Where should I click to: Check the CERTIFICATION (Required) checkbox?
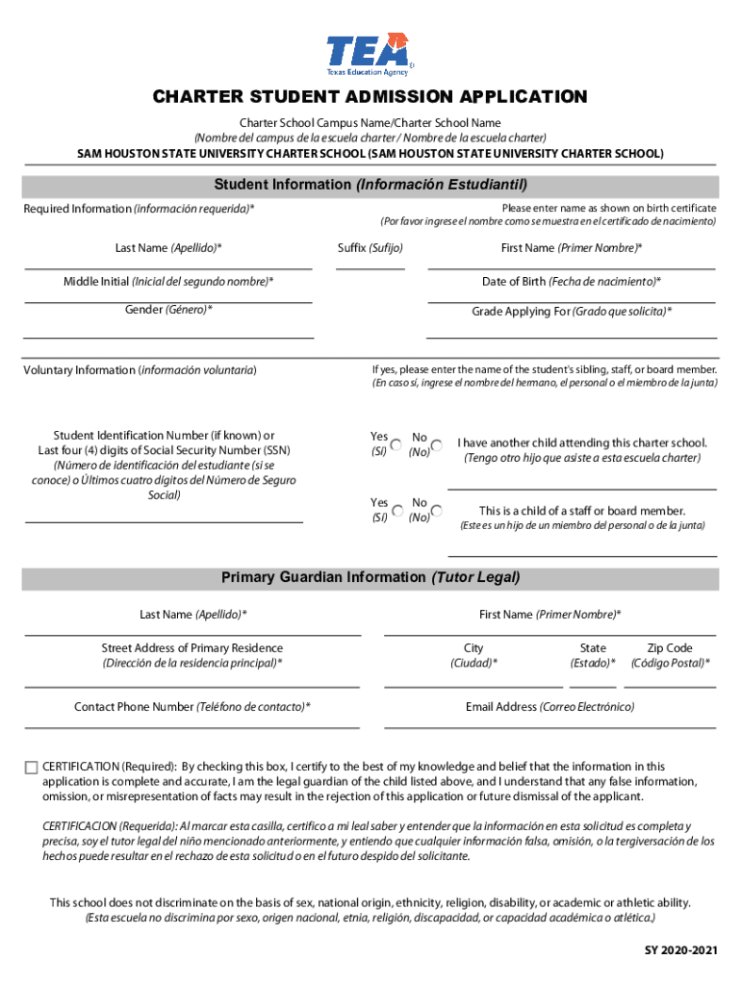tap(31, 768)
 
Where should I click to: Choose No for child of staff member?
tap(437, 511)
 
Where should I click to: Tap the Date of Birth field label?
tap(572, 282)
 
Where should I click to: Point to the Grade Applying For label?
tap(572, 312)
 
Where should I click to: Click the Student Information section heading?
tap(370, 185)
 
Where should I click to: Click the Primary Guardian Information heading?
tap(370, 578)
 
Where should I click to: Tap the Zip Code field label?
tap(670, 648)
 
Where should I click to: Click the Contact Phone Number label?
tap(192, 707)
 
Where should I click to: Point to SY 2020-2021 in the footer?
tap(681, 951)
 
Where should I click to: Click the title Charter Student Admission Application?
tap(370, 97)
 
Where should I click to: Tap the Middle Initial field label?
tap(168, 282)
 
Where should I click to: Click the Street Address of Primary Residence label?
tap(192, 648)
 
